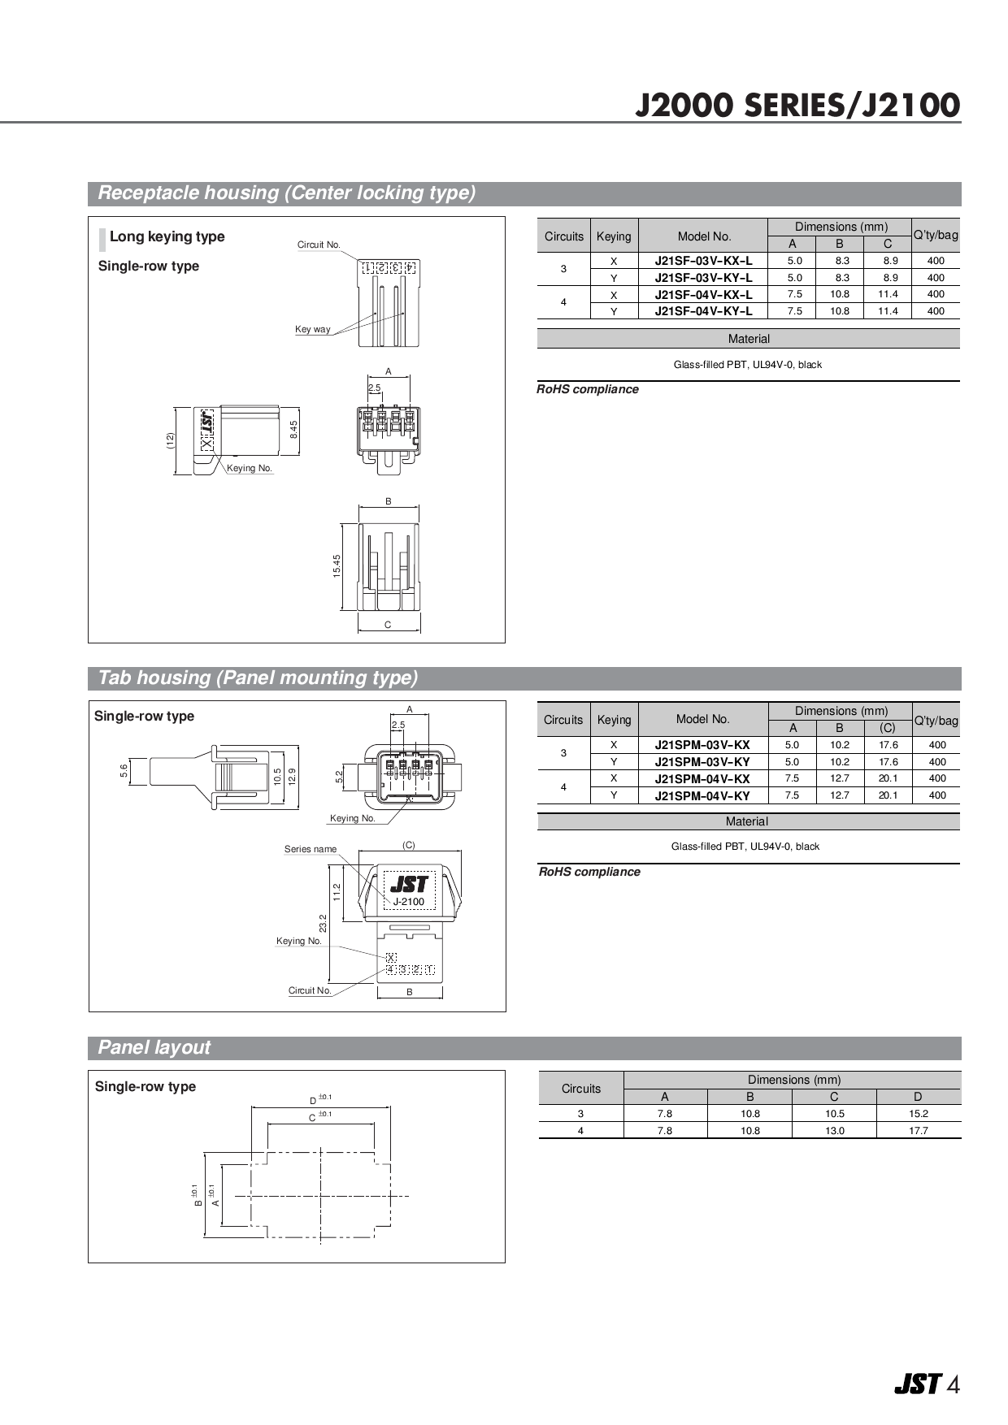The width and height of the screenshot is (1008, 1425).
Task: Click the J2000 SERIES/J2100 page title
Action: coord(797,106)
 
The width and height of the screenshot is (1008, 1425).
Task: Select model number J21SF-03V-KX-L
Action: coord(703,261)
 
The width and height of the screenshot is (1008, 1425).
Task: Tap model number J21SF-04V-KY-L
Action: coord(703,311)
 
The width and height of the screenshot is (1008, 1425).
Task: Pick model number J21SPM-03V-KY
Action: coord(702,762)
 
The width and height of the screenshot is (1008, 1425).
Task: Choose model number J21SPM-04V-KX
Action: coord(702,779)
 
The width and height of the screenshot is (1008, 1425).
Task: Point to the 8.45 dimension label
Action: coord(294,429)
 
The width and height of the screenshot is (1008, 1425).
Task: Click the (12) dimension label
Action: coord(170,440)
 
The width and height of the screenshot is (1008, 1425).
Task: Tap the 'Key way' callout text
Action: coord(312,329)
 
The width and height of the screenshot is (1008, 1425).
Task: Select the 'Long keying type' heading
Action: coord(167,236)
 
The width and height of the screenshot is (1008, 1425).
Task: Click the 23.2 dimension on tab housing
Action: coord(323,923)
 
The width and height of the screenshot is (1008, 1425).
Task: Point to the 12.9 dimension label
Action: coord(292,775)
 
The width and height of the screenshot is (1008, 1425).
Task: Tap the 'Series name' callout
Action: coord(310,849)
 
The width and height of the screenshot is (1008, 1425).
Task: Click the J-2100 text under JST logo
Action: coord(408,902)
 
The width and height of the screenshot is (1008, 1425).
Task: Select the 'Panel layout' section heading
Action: coord(154,1048)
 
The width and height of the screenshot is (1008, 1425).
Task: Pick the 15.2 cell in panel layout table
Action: coord(918,1114)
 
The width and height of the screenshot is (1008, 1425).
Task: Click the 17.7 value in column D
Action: coord(918,1131)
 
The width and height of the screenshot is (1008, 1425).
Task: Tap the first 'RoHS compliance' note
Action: coord(587,389)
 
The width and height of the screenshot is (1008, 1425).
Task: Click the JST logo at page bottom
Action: coord(917,1384)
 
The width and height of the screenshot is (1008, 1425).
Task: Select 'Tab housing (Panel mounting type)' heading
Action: coord(258,678)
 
